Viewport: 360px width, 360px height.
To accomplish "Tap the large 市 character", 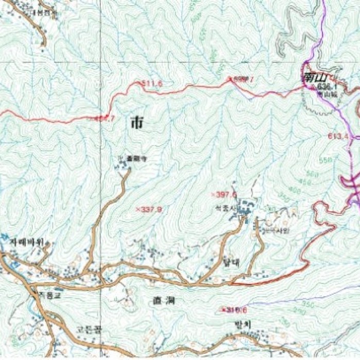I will (137, 122).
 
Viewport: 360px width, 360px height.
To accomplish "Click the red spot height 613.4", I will (338, 136).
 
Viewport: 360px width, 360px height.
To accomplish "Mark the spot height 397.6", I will (225, 194).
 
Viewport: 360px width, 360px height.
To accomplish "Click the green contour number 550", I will (326, 160).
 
